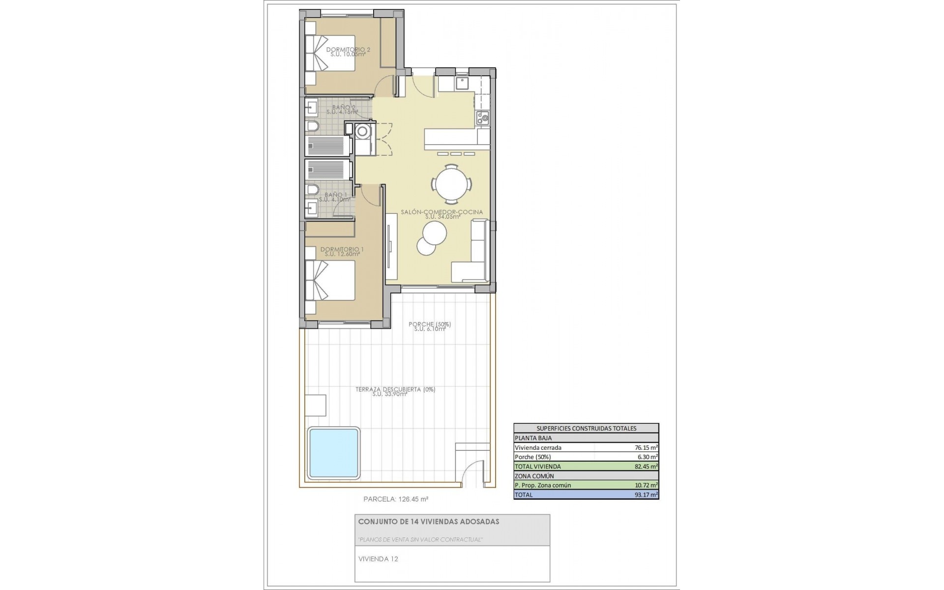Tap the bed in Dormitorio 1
330,280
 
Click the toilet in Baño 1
312,190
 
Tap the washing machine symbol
363,131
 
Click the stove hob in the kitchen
482,118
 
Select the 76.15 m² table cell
646,447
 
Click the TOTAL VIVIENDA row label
537,466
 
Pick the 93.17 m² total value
646,495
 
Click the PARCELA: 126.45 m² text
395,499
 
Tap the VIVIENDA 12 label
378,559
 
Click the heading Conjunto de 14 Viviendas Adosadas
428,522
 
